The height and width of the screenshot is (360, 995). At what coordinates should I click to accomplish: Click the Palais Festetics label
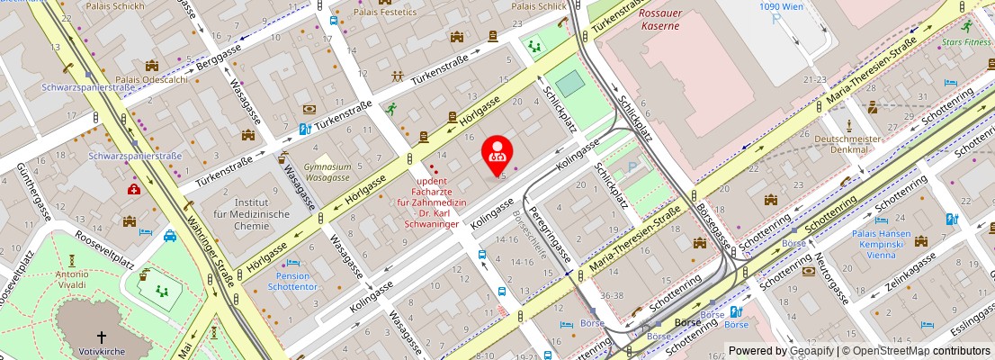pyautogui.click(x=384, y=12)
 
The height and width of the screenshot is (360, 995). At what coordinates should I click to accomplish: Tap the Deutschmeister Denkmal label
pyautogui.click(x=844, y=144)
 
